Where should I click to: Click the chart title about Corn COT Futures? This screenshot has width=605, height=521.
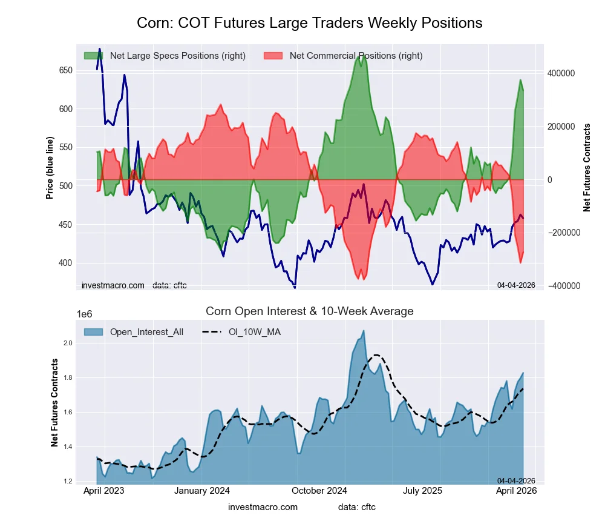pyautogui.click(x=309, y=23)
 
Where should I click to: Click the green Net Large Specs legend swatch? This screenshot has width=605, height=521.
pyautogui.click(x=93, y=56)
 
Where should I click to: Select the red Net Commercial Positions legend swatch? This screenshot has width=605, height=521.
pyautogui.click(x=273, y=56)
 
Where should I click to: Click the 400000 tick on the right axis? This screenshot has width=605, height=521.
pyautogui.click(x=561, y=73)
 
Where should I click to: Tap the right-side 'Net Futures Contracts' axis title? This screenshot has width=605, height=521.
pyautogui.click(x=587, y=167)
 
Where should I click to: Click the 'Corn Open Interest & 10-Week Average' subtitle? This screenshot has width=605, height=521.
pyautogui.click(x=309, y=311)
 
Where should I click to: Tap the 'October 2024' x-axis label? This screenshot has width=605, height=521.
pyautogui.click(x=317, y=491)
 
